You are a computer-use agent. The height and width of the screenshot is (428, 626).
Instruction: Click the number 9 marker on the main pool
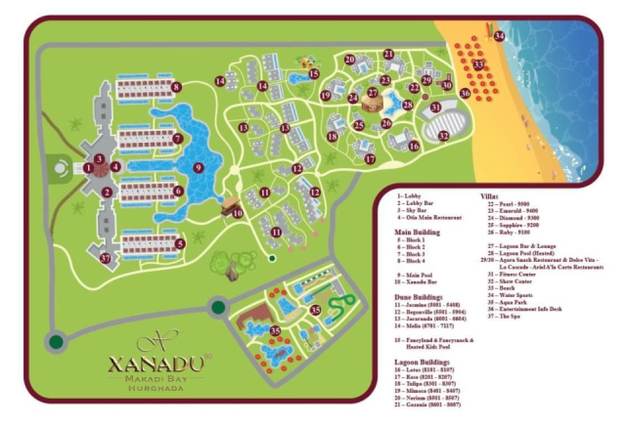point(199,168)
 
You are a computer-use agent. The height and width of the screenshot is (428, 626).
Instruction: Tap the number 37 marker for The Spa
point(105,258)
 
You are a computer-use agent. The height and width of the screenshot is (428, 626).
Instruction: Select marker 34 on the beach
point(499,36)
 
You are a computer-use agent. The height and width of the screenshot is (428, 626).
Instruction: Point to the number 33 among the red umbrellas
point(478,64)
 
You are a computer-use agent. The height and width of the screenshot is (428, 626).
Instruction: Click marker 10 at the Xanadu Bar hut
point(237,213)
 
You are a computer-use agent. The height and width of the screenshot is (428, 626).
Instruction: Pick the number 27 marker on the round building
point(372,94)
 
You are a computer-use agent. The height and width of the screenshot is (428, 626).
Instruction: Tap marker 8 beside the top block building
point(176,88)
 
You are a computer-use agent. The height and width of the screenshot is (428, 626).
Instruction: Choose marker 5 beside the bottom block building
point(180,244)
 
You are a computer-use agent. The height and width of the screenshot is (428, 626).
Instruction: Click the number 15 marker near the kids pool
point(314,73)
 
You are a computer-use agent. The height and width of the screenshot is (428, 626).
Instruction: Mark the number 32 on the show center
point(443,136)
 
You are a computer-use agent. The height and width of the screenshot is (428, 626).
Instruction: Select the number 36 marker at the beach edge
point(466,94)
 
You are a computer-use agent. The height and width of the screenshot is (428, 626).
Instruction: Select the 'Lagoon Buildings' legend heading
point(422,362)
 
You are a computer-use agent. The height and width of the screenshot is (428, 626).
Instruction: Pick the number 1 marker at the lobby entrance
point(89,167)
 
